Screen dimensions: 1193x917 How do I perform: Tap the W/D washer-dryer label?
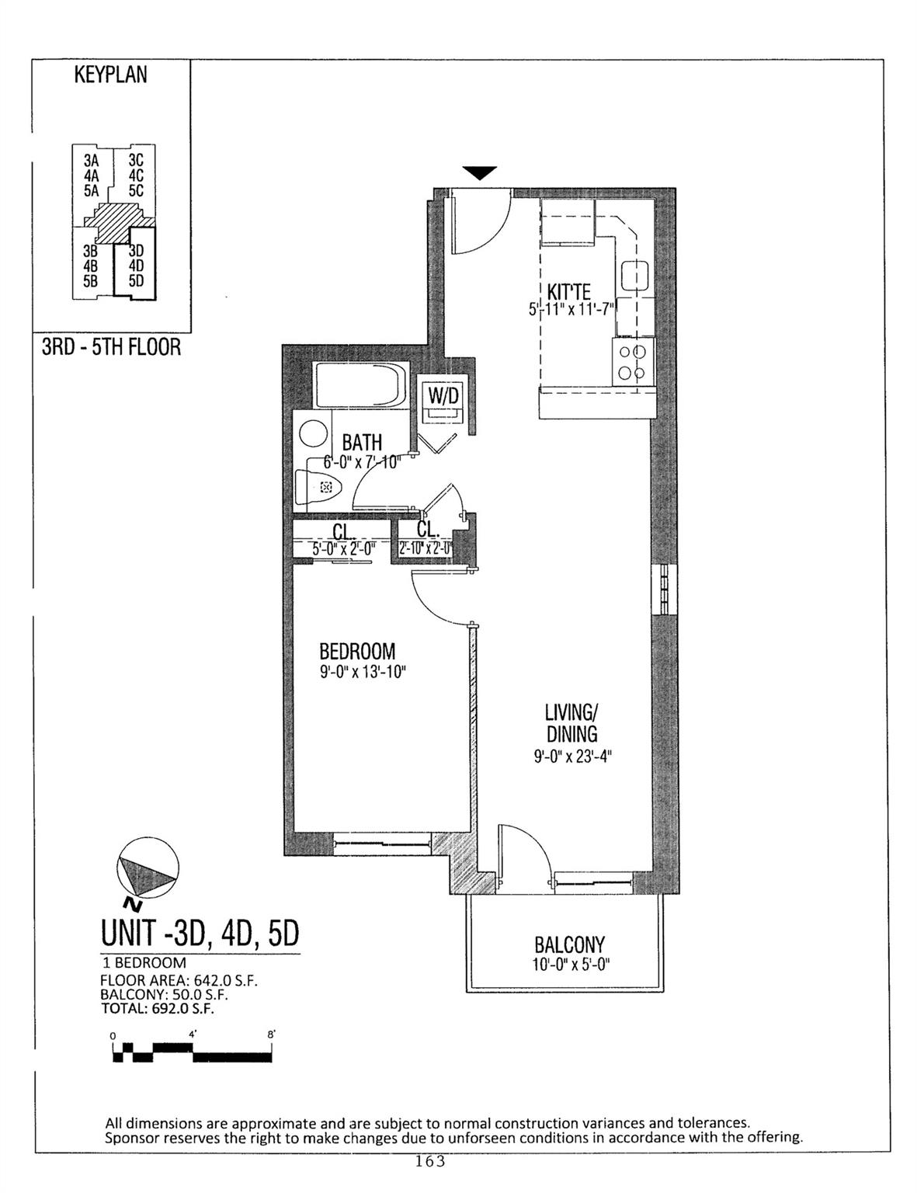(444, 395)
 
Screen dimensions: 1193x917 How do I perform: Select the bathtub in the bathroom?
(359, 384)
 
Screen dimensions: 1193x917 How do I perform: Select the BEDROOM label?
(357, 651)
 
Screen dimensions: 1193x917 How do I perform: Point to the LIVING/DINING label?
(571, 722)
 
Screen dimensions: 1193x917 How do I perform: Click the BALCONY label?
(569, 945)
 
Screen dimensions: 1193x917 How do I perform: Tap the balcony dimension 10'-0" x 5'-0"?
(569, 965)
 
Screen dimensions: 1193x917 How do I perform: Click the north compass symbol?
(146, 868)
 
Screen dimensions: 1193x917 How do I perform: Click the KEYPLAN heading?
(110, 75)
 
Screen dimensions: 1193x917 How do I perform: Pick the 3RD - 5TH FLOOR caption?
(111, 346)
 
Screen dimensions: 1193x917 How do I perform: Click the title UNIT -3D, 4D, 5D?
(200, 933)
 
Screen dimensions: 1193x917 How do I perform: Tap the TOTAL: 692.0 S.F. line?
(157, 1009)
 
